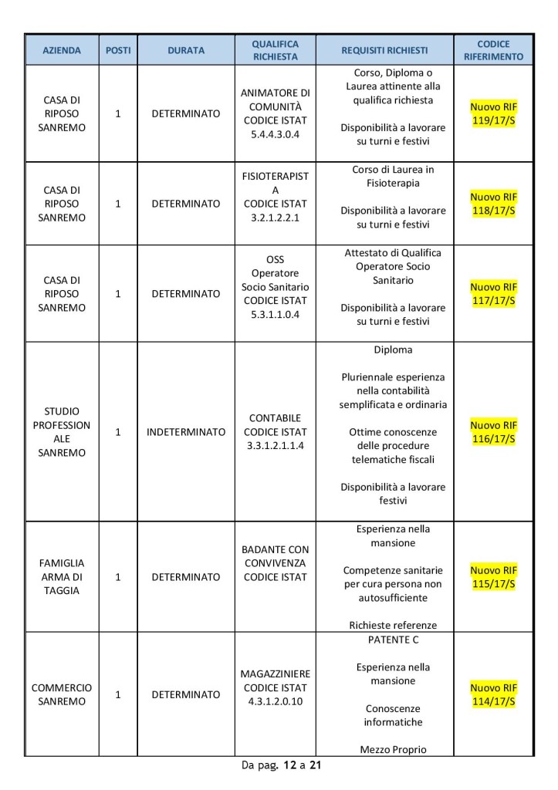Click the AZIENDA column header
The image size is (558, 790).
(62, 50)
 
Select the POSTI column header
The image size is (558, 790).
(118, 50)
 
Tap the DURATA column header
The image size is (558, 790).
(186, 50)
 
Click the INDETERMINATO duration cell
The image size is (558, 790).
(186, 432)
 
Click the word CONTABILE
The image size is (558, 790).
(276, 417)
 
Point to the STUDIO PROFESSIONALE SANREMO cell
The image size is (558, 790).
(62, 432)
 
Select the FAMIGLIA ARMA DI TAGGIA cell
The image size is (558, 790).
(62, 576)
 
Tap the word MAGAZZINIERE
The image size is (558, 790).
(276, 674)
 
